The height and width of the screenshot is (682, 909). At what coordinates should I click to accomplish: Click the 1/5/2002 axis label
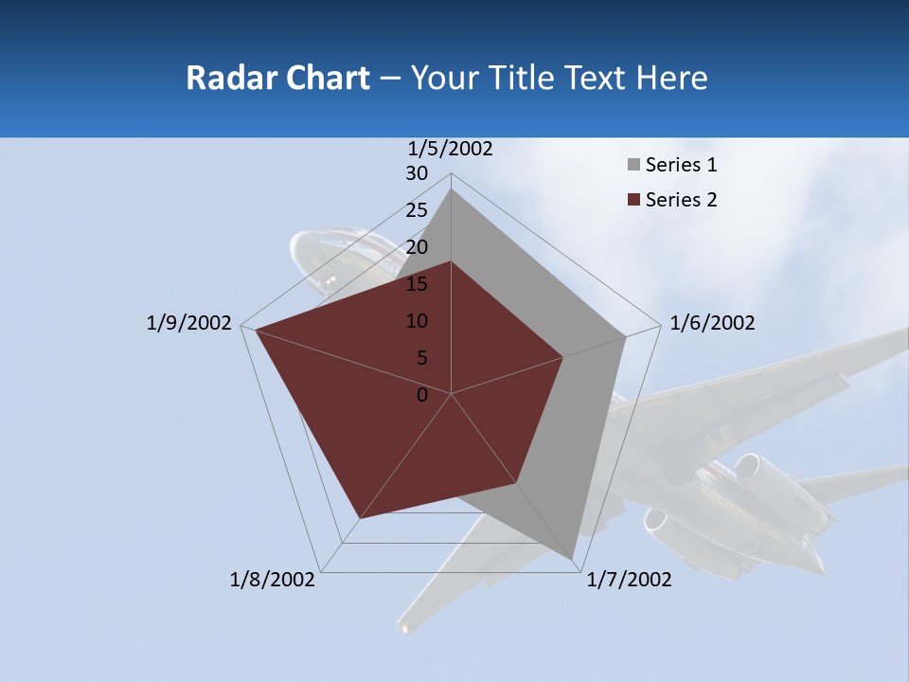(451, 149)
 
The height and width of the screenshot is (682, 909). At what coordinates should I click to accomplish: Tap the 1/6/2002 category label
(712, 324)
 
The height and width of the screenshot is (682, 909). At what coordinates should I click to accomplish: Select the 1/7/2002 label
(629, 580)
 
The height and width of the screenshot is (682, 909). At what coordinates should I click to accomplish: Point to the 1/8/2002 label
(273, 580)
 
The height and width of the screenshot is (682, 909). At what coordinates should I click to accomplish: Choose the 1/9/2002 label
(188, 324)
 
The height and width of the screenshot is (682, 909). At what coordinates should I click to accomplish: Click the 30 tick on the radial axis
(417, 173)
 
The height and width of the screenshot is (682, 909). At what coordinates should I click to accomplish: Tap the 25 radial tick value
(417, 210)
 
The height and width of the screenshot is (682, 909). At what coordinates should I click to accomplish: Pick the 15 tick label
(417, 284)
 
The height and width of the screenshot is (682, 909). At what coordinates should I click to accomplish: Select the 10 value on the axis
(417, 321)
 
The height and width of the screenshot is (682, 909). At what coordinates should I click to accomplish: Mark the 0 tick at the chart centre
(422, 395)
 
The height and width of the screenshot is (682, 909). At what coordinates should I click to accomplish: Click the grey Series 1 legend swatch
(633, 166)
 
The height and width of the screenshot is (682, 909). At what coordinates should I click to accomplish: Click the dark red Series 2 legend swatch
(633, 200)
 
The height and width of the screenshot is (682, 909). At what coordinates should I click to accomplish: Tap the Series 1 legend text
(681, 165)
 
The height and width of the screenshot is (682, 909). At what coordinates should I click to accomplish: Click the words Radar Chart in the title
(277, 78)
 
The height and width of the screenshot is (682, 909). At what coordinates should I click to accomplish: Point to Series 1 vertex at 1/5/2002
(451, 189)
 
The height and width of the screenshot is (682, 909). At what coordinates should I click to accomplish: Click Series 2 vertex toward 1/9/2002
(256, 330)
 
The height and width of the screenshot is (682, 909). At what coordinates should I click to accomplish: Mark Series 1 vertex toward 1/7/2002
(573, 560)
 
